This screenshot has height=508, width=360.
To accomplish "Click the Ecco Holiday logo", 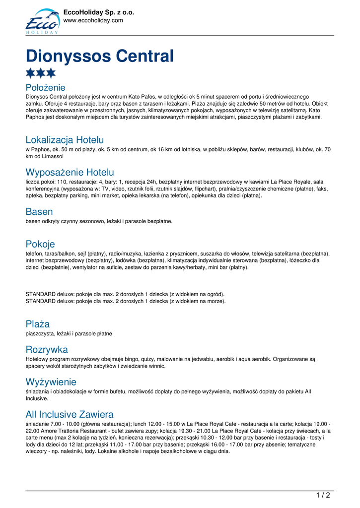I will click(42, 21).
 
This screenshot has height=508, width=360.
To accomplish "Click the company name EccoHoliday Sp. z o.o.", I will click(99, 12).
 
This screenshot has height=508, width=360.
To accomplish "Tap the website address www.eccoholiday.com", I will click(93, 20).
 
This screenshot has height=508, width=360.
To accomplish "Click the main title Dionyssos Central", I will click(99, 56).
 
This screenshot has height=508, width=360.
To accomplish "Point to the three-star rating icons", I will click(41, 73).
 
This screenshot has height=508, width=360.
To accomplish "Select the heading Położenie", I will click(45, 88).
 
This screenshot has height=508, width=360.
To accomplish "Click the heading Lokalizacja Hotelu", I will click(65, 140).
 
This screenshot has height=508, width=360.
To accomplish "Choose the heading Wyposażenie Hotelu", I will click(70, 172).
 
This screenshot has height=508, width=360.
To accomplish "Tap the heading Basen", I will click(39, 212).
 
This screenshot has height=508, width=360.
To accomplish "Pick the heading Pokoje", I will click(40, 244).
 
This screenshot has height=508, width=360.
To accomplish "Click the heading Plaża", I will click(38, 324).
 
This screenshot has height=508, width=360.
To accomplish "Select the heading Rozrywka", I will click(47, 349).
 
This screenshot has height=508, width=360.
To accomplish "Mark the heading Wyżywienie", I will click(51, 382).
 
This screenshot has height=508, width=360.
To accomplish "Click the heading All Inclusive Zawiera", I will click(70, 414).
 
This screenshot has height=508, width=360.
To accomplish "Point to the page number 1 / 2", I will click(323, 495).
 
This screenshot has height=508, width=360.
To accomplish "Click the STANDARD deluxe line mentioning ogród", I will click(125, 294).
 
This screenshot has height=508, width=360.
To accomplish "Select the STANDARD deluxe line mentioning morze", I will click(125, 301).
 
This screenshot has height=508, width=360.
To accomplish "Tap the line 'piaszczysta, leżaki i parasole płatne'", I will click(69, 334).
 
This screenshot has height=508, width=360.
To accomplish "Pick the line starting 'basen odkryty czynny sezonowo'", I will click(99, 221).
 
